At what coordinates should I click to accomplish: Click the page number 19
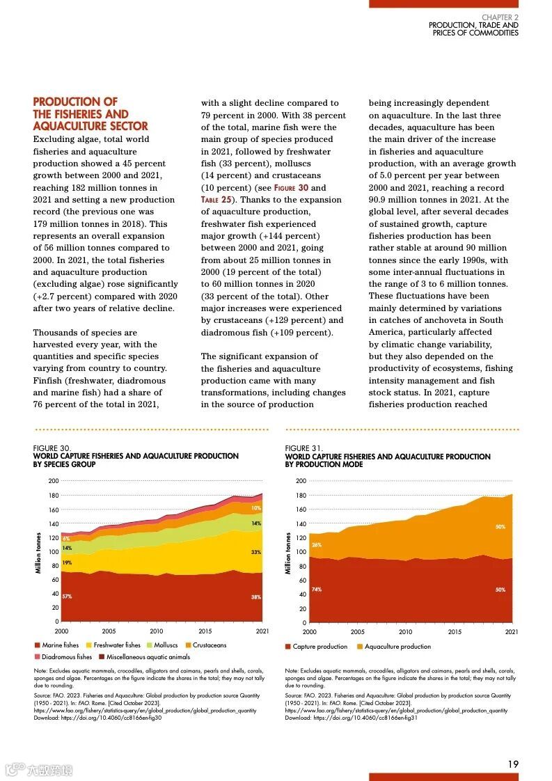click(x=513, y=764)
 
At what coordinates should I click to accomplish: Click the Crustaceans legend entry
click(x=210, y=645)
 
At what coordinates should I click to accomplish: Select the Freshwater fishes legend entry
click(x=117, y=645)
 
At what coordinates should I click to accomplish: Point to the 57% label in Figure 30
click(x=67, y=597)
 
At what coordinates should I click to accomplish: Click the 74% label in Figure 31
click(x=317, y=590)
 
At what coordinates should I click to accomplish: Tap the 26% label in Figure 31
click(x=317, y=544)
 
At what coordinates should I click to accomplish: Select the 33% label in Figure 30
click(x=255, y=552)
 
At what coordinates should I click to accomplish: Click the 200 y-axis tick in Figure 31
click(x=301, y=481)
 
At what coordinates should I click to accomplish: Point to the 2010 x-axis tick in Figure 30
click(x=156, y=631)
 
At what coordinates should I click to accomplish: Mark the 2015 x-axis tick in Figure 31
click(x=455, y=632)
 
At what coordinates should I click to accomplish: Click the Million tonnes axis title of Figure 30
click(x=38, y=553)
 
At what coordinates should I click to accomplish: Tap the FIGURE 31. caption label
click(x=303, y=449)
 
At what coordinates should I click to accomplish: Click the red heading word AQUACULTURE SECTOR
click(x=90, y=126)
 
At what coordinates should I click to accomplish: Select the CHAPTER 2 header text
click(x=500, y=17)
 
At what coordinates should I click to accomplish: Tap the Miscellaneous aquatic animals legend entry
click(x=148, y=656)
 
